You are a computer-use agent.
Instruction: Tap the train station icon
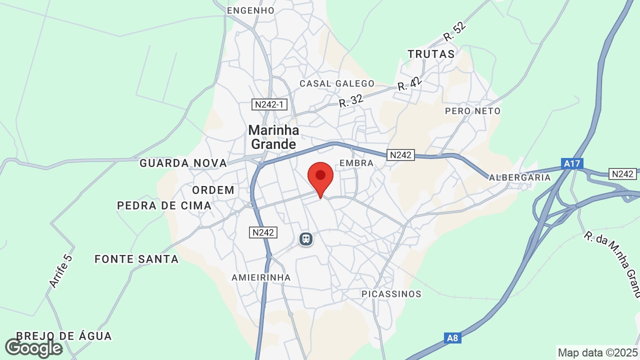(x=305, y=239)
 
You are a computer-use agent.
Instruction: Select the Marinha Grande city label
(x=273, y=137)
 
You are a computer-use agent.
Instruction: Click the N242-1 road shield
(x=269, y=104)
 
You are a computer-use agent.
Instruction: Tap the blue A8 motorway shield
(x=452, y=338)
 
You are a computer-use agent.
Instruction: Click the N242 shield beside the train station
(x=263, y=232)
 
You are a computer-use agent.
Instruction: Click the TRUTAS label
(x=431, y=54)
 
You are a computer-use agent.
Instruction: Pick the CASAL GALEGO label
(x=337, y=83)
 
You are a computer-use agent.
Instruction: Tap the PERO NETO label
(x=472, y=111)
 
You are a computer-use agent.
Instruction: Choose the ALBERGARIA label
(x=519, y=177)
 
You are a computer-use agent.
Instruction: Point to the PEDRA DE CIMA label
(x=164, y=205)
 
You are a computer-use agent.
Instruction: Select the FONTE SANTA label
(x=136, y=259)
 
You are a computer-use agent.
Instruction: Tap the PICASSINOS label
(x=391, y=294)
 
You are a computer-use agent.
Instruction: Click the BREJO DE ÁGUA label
(x=64, y=336)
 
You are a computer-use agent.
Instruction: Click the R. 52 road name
(x=454, y=31)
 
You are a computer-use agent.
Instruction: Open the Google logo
(x=33, y=348)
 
